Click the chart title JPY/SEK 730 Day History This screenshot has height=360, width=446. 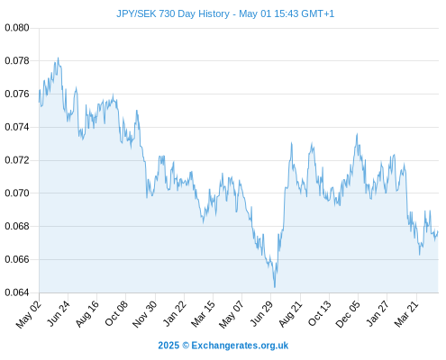click(173, 13)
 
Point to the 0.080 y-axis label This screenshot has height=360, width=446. click(17, 28)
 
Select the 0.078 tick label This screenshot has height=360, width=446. click(17, 61)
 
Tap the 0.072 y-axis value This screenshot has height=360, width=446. click(17, 160)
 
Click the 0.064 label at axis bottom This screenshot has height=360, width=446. click(17, 292)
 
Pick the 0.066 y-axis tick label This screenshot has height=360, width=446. click(17, 259)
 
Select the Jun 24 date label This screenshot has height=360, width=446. click(59, 313)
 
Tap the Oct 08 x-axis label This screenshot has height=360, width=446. click(116, 313)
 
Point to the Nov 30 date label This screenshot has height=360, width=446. click(144, 314)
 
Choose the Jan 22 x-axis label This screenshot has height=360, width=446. click(175, 313)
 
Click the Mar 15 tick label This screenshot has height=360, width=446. click(203, 313)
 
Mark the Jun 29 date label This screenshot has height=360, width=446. click(261, 313)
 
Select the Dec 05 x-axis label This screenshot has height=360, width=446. click(348, 314)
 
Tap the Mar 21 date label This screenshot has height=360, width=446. click(406, 313)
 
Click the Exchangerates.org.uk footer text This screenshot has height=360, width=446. click(240, 346)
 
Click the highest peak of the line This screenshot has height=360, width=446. click(58, 58)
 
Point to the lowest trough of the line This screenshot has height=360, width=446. click(275, 287)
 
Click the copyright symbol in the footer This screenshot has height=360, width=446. click(186, 346)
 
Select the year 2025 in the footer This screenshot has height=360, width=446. click(168, 346)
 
